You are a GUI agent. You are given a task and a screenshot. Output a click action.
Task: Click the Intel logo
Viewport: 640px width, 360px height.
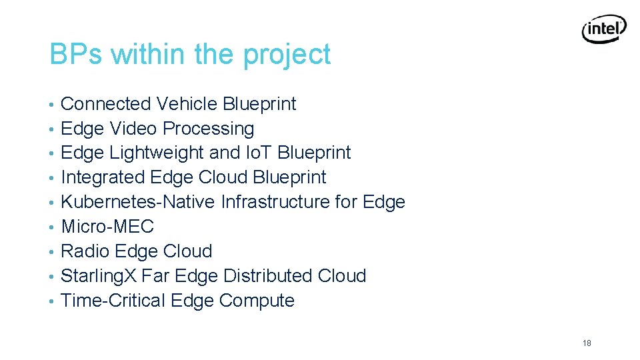[x=604, y=29]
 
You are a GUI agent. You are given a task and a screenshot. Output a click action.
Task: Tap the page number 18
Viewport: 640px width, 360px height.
[x=587, y=343]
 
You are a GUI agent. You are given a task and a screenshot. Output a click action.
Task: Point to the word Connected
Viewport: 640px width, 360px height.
[x=106, y=104]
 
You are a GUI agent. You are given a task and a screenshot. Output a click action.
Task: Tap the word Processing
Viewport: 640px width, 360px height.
[x=209, y=129]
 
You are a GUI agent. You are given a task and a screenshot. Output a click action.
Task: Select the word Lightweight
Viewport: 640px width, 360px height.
[x=157, y=153]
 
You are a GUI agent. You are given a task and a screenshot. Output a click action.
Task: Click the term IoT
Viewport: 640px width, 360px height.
[x=257, y=153]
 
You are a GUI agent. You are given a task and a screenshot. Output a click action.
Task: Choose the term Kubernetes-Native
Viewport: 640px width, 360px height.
[x=138, y=202]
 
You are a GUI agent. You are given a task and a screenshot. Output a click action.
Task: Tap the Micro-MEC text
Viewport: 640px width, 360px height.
[x=107, y=227]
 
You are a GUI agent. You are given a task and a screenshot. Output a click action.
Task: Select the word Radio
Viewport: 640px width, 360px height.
[x=85, y=251]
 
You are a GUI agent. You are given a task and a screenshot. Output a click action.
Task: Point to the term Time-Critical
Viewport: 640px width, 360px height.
[x=113, y=301]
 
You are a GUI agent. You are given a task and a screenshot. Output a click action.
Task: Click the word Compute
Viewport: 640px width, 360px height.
[x=257, y=301]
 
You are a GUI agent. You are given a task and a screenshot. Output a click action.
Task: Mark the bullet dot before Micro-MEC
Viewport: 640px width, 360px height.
[x=52, y=227]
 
